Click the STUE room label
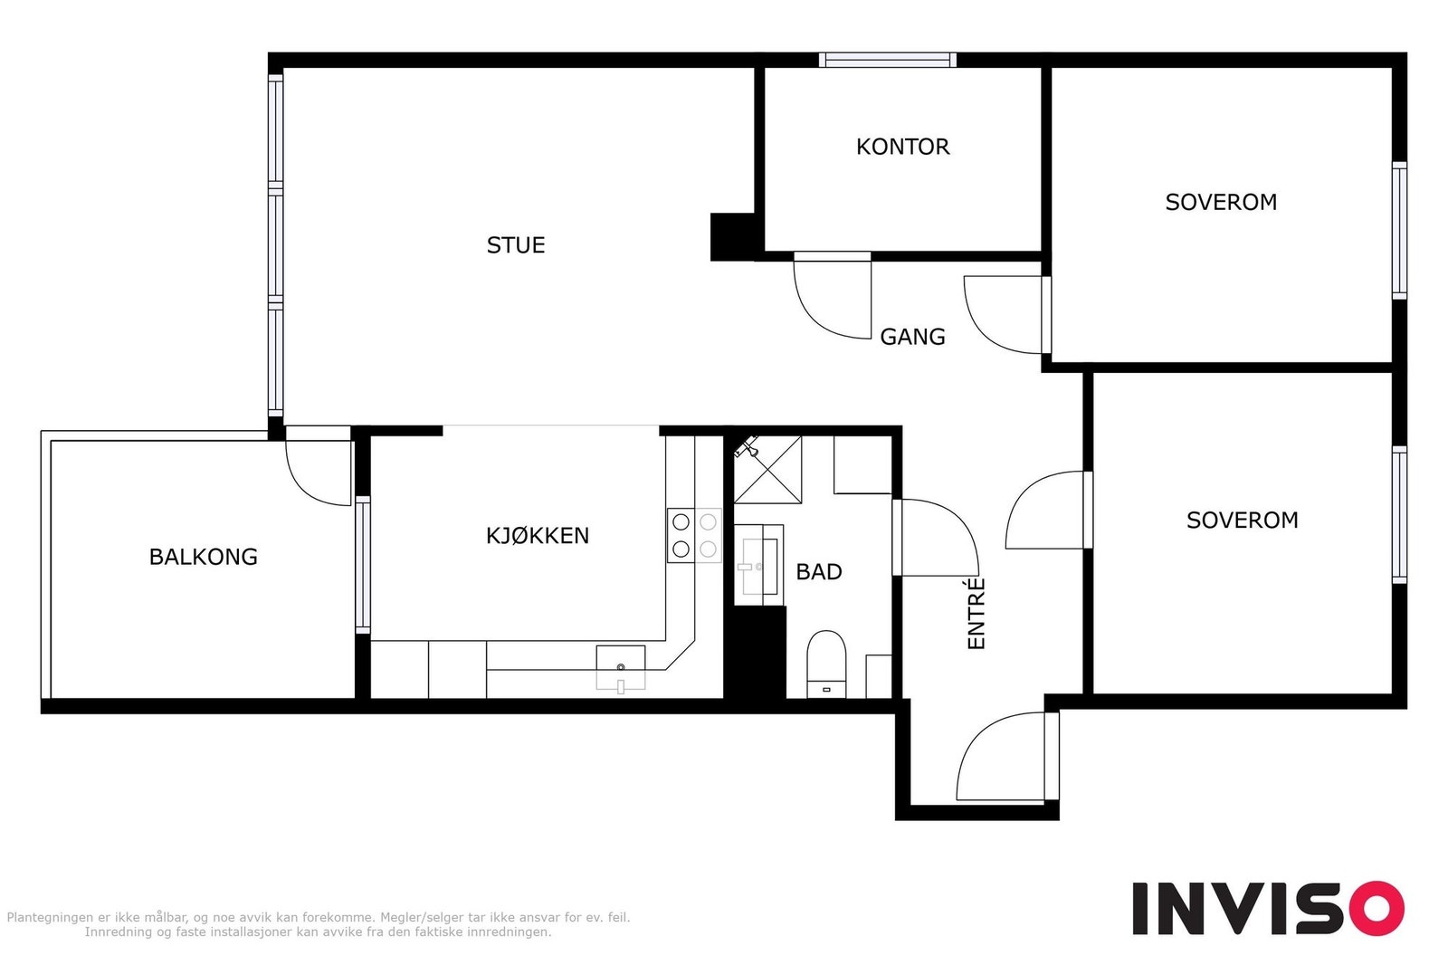(x=515, y=245)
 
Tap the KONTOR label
(x=902, y=147)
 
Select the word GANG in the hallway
(x=912, y=337)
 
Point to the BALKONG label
(x=203, y=557)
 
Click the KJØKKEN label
(x=538, y=536)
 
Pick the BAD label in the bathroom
(x=818, y=572)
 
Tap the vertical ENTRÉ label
(x=976, y=614)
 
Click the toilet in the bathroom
(x=826, y=664)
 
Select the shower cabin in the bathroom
(x=767, y=469)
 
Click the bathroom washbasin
(x=759, y=566)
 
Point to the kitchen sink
(x=621, y=668)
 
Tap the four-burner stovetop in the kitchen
(x=694, y=536)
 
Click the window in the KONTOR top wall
(x=888, y=60)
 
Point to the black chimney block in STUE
(x=733, y=236)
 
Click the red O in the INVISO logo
(x=1377, y=908)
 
